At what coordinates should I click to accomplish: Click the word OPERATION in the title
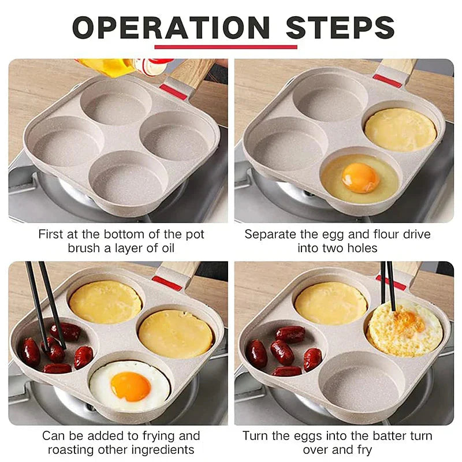[170, 28]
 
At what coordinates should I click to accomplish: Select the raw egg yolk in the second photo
[360, 177]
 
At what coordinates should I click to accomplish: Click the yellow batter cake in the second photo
[400, 129]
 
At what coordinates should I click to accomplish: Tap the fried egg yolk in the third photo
[131, 385]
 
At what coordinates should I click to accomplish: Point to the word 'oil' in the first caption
[164, 249]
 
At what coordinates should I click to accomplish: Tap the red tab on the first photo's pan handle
[173, 91]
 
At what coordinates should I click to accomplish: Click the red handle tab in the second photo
[388, 80]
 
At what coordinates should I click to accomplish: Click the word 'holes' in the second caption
[362, 249]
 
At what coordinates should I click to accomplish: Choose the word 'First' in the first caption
[51, 234]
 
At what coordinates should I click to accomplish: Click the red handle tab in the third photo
[167, 282]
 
